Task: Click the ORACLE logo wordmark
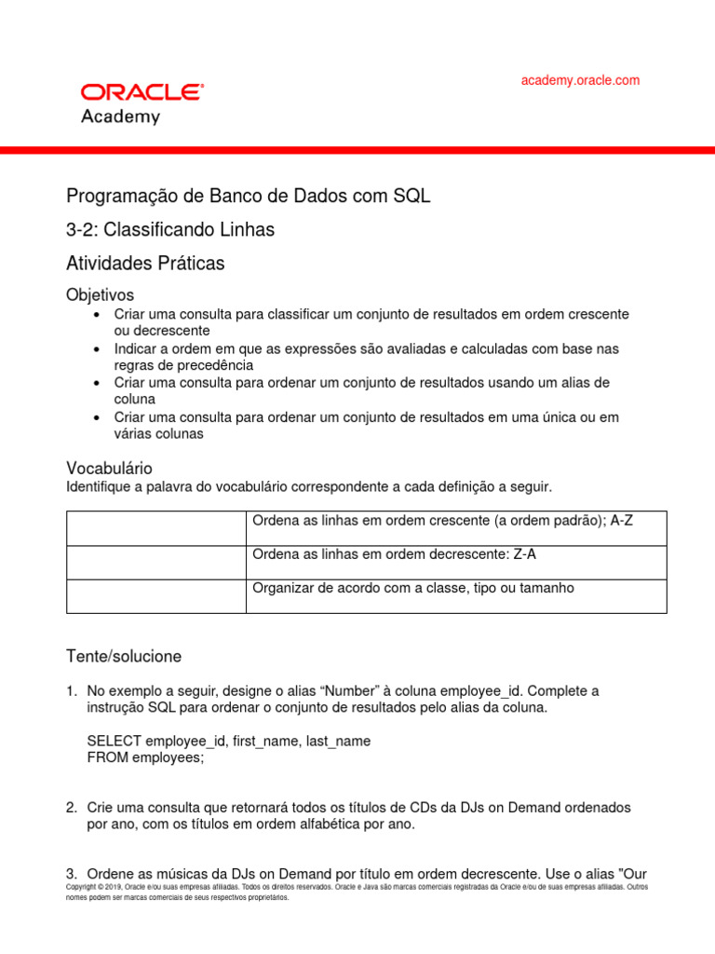142,92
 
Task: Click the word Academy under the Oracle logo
120,117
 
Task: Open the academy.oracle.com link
580,80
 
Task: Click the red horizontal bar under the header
357,150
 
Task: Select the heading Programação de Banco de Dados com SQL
249,197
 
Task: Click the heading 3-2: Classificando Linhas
170,229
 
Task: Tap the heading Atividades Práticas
145,264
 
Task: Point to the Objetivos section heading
101,294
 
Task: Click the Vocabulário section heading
109,468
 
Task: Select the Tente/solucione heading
124,657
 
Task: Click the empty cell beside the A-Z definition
155,528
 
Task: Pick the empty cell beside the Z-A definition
155,562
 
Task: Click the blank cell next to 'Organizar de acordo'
155,596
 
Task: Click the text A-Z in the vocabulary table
621,521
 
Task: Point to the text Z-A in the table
524,554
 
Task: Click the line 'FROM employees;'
145,757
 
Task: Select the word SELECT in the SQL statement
114,741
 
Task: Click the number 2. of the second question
72,807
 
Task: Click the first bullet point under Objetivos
97,315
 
